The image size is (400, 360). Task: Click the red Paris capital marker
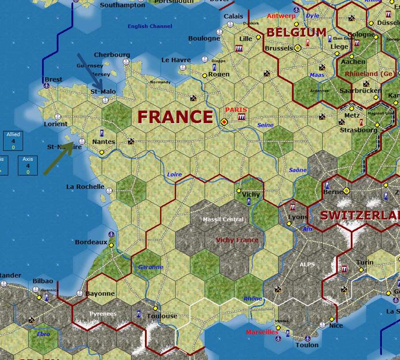pos(225,121)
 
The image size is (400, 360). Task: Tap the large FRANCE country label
pos(175,117)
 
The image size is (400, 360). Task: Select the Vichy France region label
pos(237,240)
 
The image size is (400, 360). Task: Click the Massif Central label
pos(223,220)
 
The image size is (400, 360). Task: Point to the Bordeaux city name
pos(91,242)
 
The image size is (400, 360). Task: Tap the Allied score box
pos(13,140)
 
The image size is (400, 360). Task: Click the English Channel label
pos(150,26)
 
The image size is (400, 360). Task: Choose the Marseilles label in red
pos(262,332)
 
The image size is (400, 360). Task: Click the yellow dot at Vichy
pos(239,191)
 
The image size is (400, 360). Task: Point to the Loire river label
pos(175,174)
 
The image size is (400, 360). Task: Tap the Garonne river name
pos(151,267)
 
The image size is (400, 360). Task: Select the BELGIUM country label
pos(296,32)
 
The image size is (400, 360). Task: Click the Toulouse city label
pos(162,316)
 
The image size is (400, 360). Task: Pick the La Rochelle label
pos(85,186)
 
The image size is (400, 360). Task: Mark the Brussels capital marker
pos(298,48)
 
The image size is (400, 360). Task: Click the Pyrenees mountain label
pos(103,314)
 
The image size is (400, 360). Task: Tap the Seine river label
pos(265,125)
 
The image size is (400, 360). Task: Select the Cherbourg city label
pos(112,55)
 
